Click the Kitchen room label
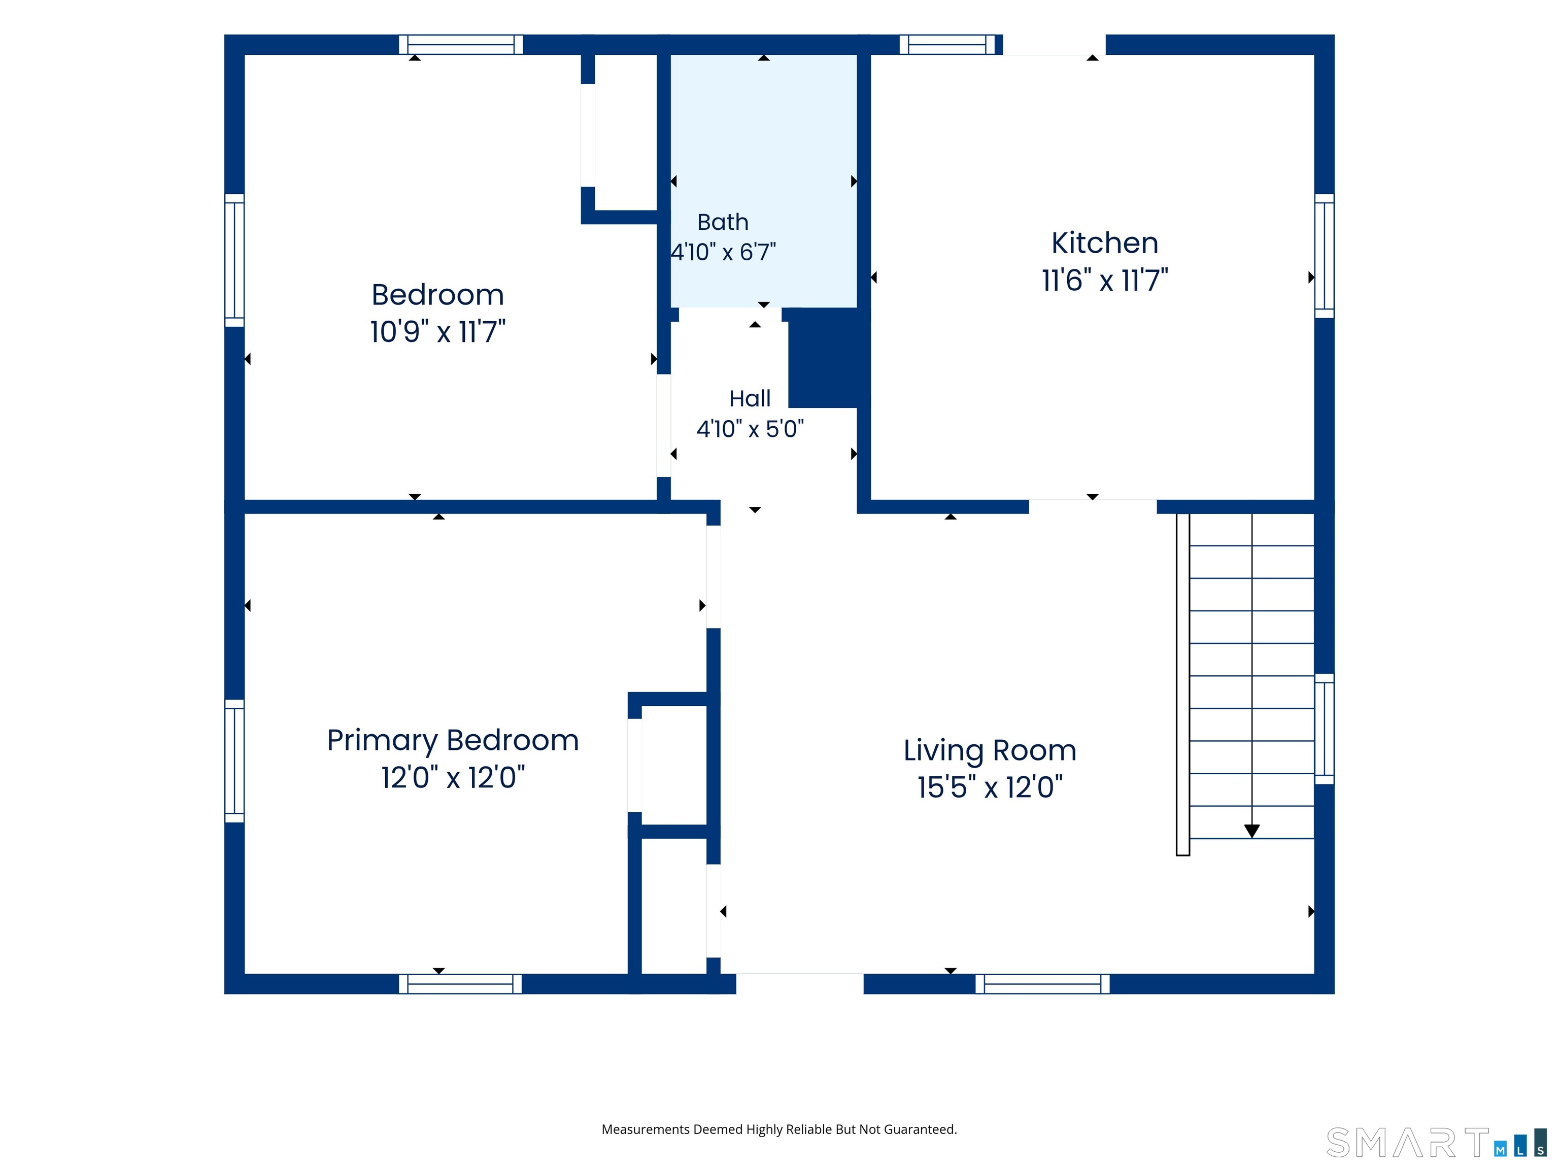click(1104, 243)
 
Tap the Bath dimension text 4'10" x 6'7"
click(723, 252)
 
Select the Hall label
click(750, 399)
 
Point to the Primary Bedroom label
click(453, 741)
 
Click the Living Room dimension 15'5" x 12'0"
click(990, 787)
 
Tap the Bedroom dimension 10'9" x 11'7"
click(437, 331)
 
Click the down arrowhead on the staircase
click(1251, 831)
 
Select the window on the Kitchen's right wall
click(1325, 256)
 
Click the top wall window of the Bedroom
click(461, 44)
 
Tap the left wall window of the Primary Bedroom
click(234, 761)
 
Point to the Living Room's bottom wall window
click(1042, 984)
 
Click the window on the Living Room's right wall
click(1325, 729)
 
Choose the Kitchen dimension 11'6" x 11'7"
click(1104, 281)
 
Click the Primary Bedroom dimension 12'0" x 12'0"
click(453, 778)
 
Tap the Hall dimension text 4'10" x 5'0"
click(750, 428)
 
